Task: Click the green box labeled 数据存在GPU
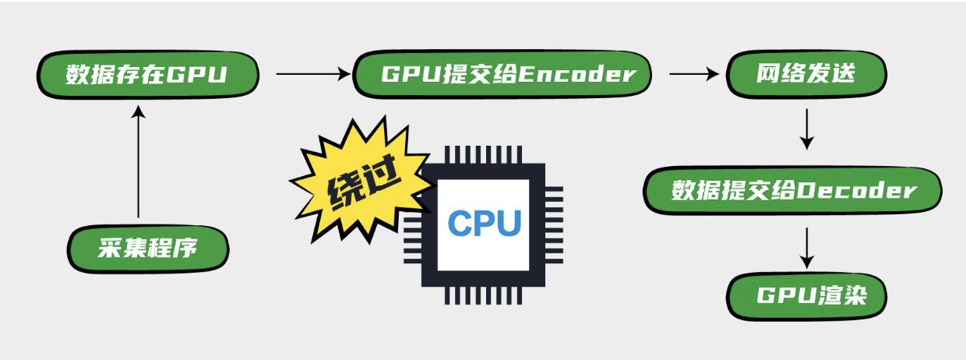(x=146, y=75)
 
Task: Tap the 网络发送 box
(x=806, y=75)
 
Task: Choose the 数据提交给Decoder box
(x=792, y=191)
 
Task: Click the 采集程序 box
(x=148, y=249)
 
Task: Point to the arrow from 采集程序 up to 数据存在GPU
(x=139, y=164)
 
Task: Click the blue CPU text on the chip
(x=484, y=223)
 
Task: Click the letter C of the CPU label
(x=460, y=223)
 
